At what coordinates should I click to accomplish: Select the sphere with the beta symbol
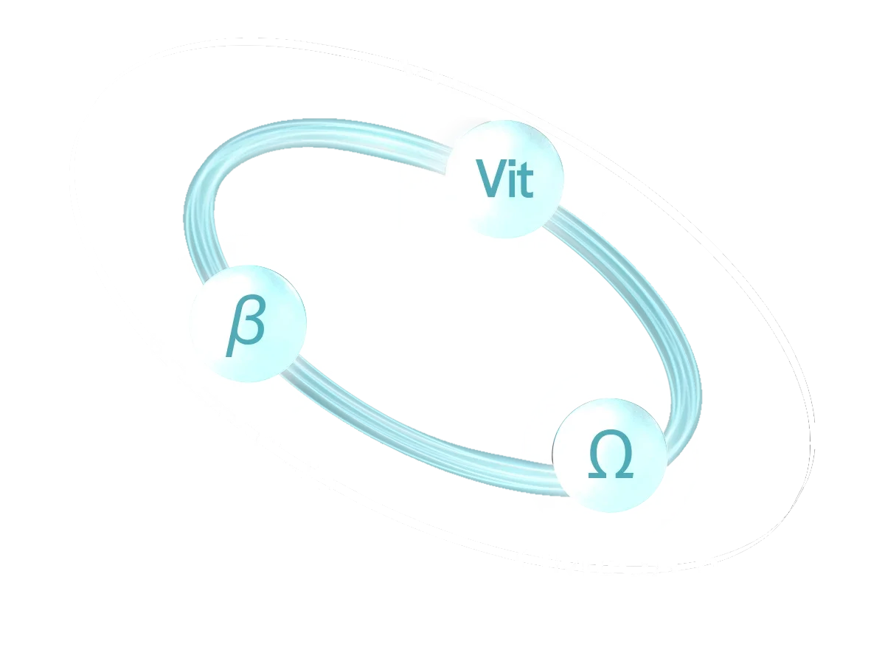coord(247,324)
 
